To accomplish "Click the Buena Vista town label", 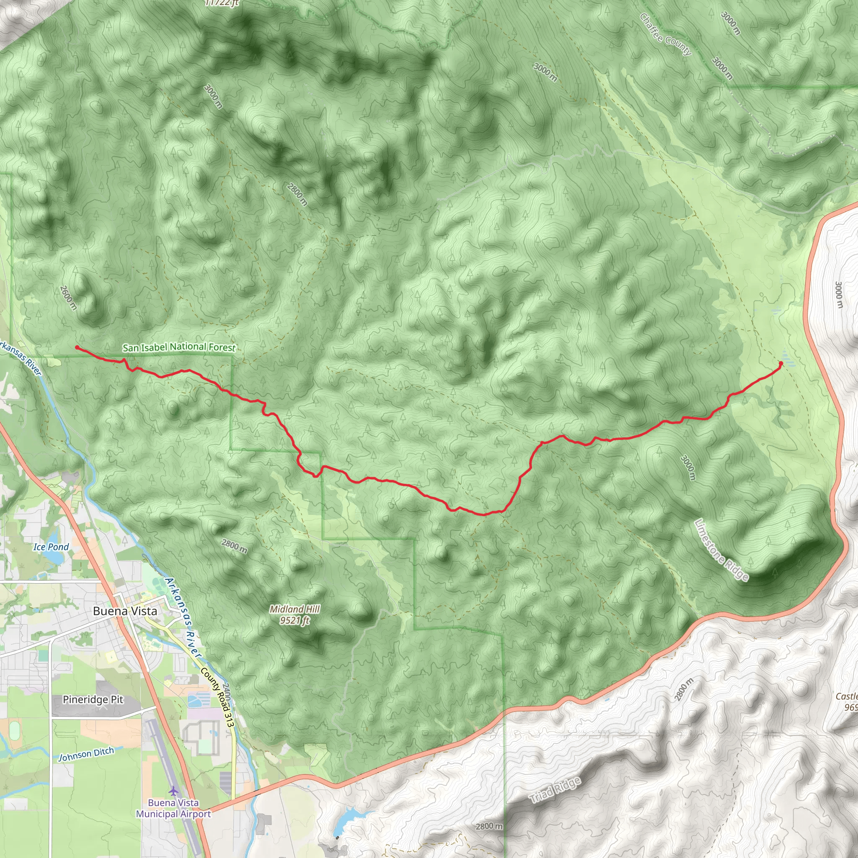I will pyautogui.click(x=125, y=611).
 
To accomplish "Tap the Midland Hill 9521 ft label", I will pyautogui.click(x=295, y=615).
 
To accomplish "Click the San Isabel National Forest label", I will pyautogui.click(x=179, y=347).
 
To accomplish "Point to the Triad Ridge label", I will pyautogui.click(x=555, y=790).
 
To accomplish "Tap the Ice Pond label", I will pyautogui.click(x=51, y=547).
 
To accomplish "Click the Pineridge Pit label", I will pyautogui.click(x=93, y=700).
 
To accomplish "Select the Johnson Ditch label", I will pyautogui.click(x=86, y=754).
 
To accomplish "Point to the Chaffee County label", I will pyautogui.click(x=665, y=35).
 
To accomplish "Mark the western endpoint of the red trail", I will pyautogui.click(x=77, y=347).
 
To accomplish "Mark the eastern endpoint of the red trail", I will pyautogui.click(x=781, y=363).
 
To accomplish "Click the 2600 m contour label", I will pyautogui.click(x=68, y=297).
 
